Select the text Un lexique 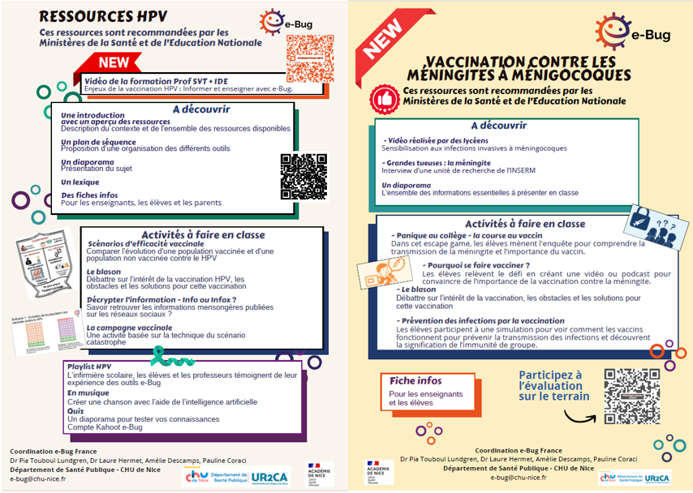tap(80, 182)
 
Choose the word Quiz tap(76, 410)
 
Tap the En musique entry tap(88, 392)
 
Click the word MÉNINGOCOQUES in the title tap(529, 75)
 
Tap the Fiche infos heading tap(415, 380)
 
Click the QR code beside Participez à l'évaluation tap(631, 396)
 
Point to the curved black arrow tap(580, 417)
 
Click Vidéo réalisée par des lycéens tap(436, 140)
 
